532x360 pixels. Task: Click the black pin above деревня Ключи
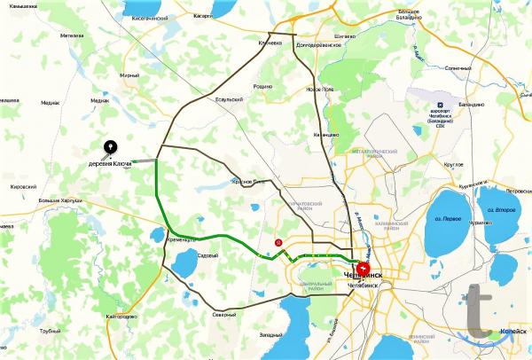(x=110, y=147)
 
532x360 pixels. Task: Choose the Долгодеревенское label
(x=319, y=44)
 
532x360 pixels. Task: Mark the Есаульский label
(x=229, y=99)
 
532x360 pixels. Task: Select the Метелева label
(x=72, y=36)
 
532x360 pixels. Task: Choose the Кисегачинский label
(x=149, y=16)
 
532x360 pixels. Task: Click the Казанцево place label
(x=325, y=134)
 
